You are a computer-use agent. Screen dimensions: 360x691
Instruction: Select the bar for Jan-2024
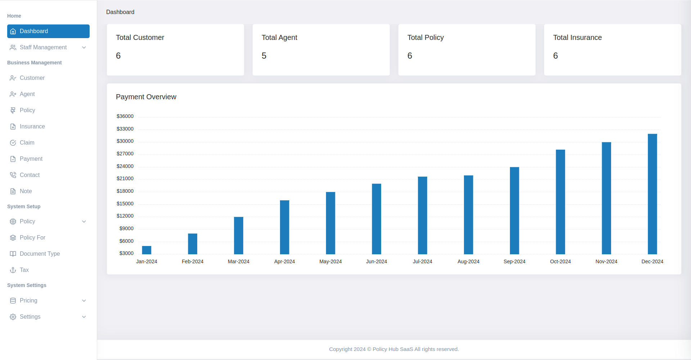point(146,250)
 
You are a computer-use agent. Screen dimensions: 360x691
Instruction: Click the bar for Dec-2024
point(652,194)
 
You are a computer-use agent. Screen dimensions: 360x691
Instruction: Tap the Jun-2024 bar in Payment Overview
point(376,219)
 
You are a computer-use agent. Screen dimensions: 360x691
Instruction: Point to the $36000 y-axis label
point(125,116)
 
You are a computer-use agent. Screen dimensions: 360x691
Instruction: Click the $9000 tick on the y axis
point(126,228)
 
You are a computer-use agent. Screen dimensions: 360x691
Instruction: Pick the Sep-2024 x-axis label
point(514,261)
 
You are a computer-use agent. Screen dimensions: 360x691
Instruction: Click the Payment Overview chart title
point(146,97)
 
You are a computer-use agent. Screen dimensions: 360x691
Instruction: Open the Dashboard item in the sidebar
point(48,31)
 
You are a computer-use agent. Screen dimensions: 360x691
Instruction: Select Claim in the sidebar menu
point(27,143)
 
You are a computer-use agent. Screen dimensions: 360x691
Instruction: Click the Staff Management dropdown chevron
point(84,47)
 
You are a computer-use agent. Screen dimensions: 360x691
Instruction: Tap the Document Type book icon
point(13,254)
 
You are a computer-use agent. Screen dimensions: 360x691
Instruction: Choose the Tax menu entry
point(24,270)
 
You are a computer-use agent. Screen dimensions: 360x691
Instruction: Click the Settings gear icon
point(13,317)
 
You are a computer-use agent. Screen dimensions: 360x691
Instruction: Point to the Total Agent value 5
point(264,56)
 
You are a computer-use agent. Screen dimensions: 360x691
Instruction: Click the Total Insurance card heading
point(577,37)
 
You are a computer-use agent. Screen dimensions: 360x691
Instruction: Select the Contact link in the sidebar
point(30,175)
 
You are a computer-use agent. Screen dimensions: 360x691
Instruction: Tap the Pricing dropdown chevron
point(84,301)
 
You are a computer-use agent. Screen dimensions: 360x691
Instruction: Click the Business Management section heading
point(35,63)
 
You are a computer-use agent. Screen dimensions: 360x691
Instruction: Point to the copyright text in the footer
point(394,349)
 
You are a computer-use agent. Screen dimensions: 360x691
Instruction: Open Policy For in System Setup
point(32,238)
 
